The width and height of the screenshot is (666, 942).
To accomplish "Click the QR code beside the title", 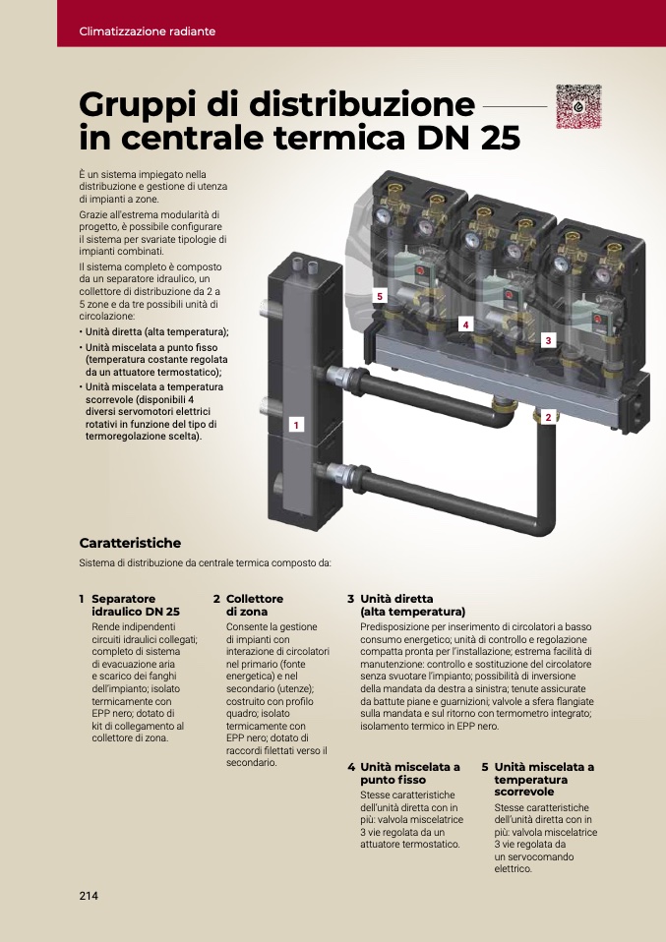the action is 578,106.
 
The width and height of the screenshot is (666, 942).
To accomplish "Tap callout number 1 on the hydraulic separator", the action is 296,425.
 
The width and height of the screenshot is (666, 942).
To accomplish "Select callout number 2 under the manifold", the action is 548,417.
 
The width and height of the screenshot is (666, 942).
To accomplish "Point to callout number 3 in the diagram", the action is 548,340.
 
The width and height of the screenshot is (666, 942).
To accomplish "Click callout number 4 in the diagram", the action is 464,325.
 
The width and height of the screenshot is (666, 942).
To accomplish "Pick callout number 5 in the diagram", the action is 380,296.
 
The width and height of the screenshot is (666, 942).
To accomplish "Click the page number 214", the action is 89,896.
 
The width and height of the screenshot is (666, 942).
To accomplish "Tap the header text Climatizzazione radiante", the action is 148,31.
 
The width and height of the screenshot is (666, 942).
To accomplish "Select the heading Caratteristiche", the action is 130,543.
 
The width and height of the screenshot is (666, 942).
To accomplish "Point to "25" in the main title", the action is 500,138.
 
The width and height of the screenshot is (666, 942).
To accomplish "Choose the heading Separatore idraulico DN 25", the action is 136,606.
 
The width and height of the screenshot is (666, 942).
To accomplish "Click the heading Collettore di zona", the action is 254,606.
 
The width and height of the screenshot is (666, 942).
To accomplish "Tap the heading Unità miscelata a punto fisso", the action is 410,774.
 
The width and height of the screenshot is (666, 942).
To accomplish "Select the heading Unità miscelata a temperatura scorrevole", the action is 544,780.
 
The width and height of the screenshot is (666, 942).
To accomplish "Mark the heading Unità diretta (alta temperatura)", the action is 413,606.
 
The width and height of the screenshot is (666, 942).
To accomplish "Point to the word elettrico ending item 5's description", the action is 514,869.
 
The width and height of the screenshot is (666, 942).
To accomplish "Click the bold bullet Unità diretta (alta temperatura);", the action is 156,332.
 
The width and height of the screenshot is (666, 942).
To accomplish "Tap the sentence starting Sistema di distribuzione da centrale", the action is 205,563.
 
